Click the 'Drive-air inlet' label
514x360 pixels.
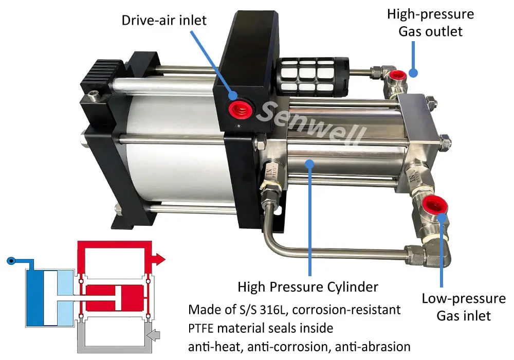pos(164,20)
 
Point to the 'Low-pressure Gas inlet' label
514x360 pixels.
pos(464,307)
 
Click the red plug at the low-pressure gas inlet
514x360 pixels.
pos(433,205)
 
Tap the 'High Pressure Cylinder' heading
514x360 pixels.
pos(308,286)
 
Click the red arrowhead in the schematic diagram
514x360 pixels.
pos(160,259)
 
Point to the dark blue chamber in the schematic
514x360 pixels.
pos(34,297)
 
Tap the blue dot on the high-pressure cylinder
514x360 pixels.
pos(309,164)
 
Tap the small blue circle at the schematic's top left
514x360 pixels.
pos(11,261)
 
